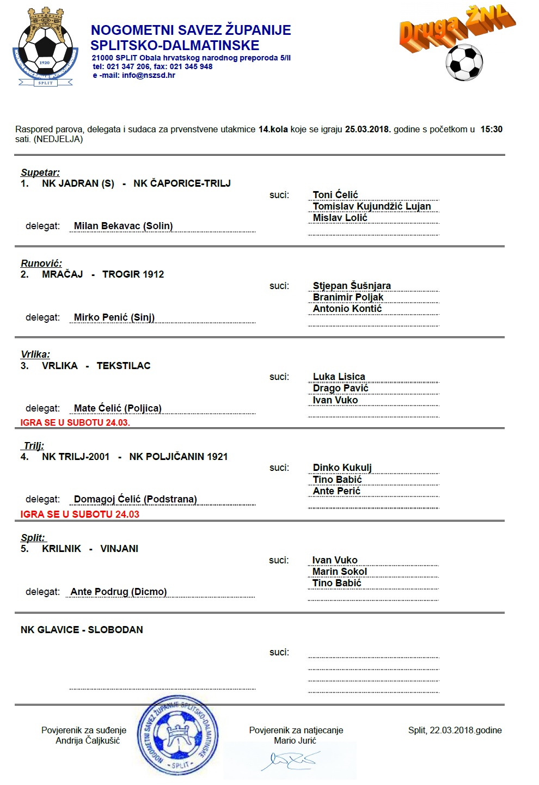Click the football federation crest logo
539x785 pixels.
[x=45, y=48]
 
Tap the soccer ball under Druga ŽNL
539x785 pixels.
[x=464, y=62]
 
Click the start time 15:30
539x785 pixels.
[x=491, y=130]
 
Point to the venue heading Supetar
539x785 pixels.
[x=40, y=173]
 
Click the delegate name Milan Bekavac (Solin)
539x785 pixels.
[x=123, y=226]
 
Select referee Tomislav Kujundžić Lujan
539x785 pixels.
[x=372, y=206]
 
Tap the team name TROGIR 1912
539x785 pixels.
[x=133, y=274]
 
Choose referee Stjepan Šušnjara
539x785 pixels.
[x=352, y=286]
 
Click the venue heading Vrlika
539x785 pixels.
[x=35, y=354]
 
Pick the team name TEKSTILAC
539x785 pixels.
[x=124, y=366]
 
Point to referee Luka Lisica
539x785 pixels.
[x=339, y=377]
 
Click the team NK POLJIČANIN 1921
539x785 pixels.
[x=178, y=457]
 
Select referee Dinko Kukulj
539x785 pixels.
[x=342, y=468]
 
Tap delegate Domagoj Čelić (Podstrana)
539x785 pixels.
[x=135, y=499]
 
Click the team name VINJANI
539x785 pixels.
[x=119, y=549]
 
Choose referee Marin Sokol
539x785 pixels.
[x=339, y=572]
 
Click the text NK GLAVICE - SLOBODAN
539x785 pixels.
[x=82, y=630]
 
